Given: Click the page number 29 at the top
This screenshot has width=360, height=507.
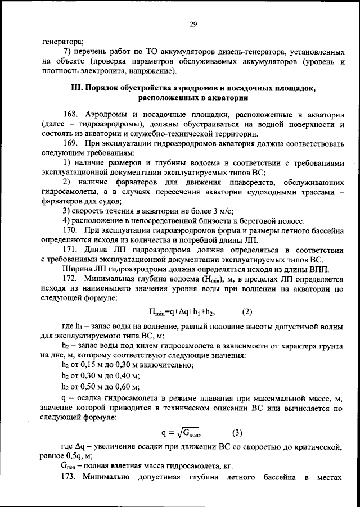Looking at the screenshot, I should [x=192, y=24].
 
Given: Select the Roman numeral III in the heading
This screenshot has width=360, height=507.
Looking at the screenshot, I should [x=76, y=88].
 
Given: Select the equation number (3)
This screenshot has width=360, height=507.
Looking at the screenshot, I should [x=237, y=433].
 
